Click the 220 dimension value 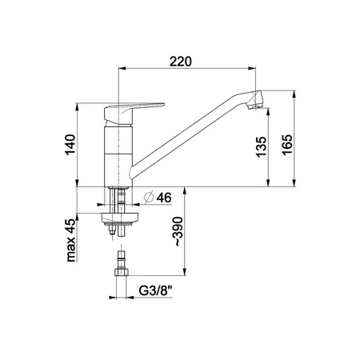pyautogui.click(x=181, y=62)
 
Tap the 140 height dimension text pyautogui.click(x=70, y=145)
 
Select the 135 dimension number pyautogui.click(x=262, y=147)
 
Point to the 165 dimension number pyautogui.click(x=287, y=145)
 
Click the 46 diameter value pyautogui.click(x=164, y=198)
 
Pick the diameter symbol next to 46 pyautogui.click(x=149, y=198)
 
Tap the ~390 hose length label pyautogui.click(x=178, y=231)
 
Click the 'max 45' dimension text pyautogui.click(x=70, y=240)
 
